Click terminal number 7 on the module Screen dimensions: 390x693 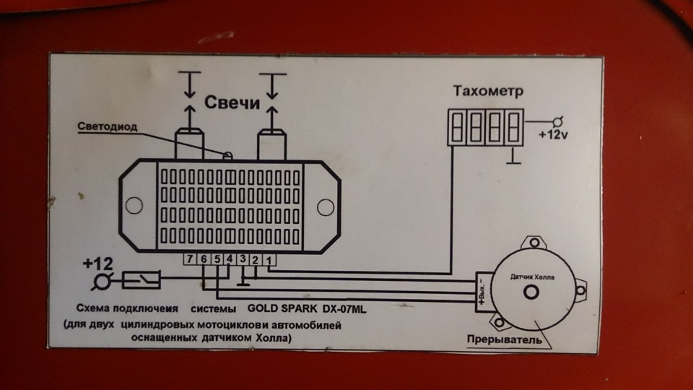188,259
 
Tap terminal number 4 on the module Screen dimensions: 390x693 229,259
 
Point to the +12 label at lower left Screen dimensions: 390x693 97,263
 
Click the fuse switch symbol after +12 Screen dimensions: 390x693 142,279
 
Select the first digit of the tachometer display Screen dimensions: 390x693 458,127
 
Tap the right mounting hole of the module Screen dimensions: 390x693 326,207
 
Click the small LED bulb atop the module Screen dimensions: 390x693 227,155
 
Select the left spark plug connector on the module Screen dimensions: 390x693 190,144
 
